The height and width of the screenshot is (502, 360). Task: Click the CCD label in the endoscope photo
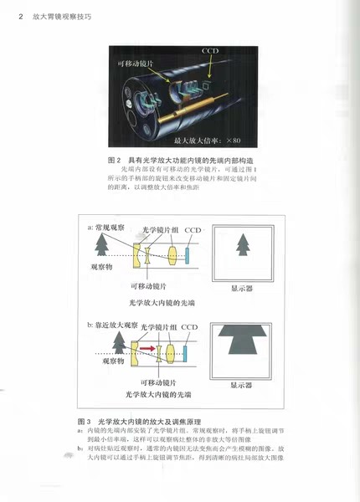point(211,51)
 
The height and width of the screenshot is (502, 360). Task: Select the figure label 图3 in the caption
point(84,420)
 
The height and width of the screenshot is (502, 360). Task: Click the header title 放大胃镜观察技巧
point(46,10)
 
